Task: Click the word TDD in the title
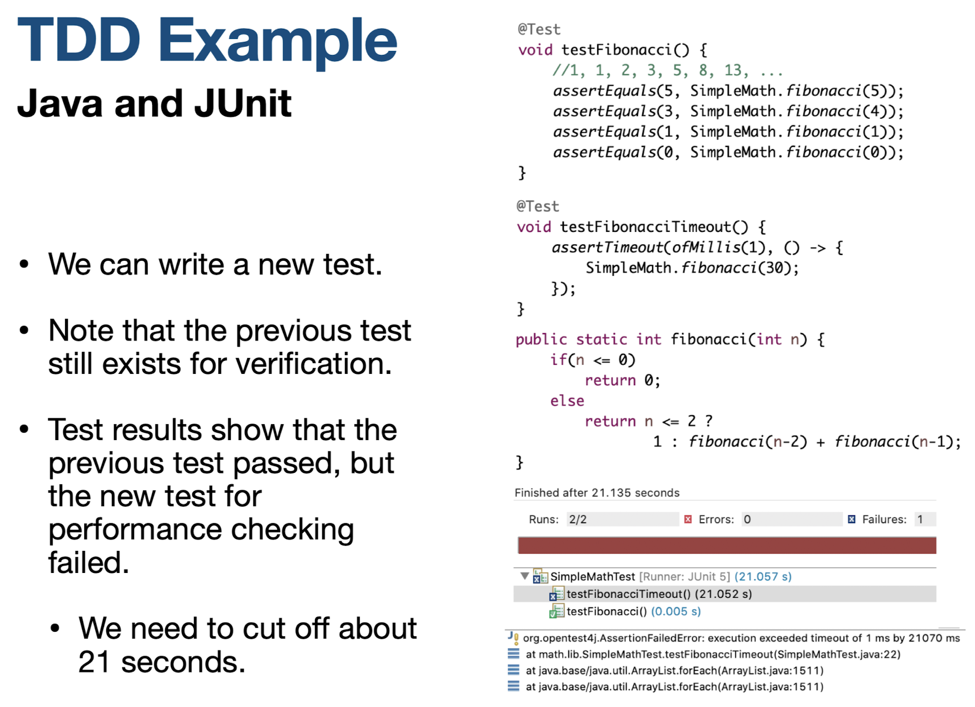point(79,41)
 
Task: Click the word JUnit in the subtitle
point(243,104)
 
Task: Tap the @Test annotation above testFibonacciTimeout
point(537,206)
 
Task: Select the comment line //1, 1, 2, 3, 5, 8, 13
point(667,71)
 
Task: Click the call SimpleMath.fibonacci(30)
point(691,268)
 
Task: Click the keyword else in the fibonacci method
point(567,401)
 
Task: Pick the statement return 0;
point(622,381)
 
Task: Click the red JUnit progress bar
point(726,546)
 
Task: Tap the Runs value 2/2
point(578,520)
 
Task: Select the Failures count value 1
point(920,520)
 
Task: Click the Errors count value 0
point(748,520)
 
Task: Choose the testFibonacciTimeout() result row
point(659,594)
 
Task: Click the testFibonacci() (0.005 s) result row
point(633,611)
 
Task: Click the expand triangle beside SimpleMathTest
point(524,576)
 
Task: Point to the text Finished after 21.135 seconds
point(597,493)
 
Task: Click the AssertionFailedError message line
point(741,638)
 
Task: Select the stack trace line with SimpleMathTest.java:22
point(713,654)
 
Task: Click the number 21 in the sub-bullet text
point(94,662)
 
